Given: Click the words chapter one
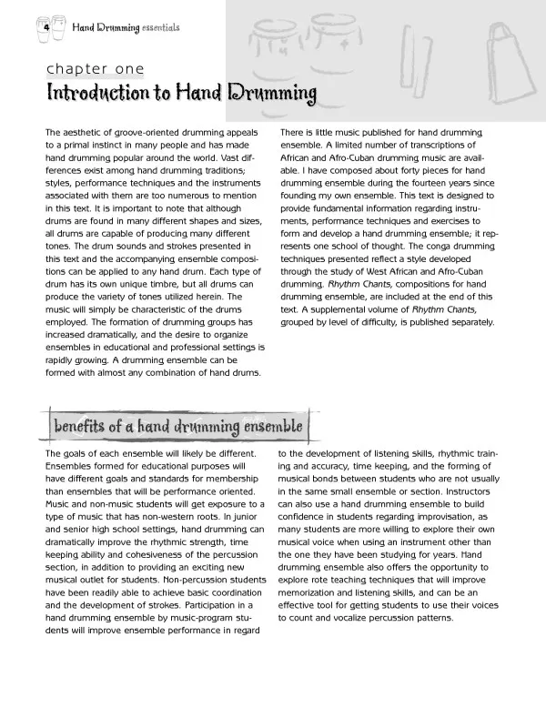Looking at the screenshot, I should point(95,69).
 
